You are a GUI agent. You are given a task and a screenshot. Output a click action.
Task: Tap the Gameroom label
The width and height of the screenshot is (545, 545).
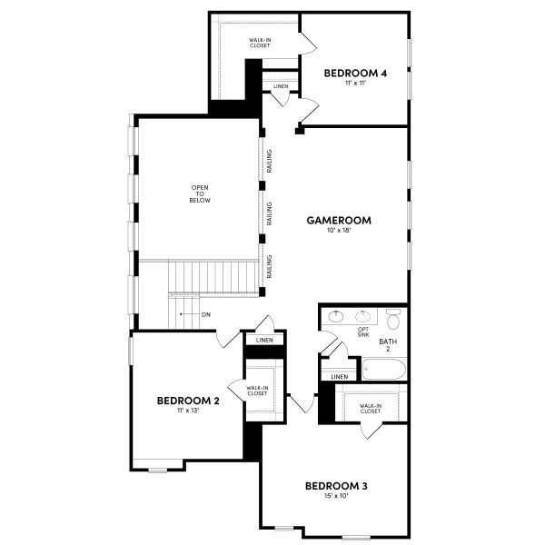(x=339, y=220)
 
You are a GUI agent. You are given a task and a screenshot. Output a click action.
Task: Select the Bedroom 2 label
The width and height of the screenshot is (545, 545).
(x=188, y=400)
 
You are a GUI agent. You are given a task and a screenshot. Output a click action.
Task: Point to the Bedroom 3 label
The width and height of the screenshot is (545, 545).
(x=336, y=486)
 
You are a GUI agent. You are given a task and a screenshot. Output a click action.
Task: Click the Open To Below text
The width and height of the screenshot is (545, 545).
(x=200, y=193)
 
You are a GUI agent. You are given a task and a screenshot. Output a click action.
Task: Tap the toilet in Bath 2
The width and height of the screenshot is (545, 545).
(x=393, y=320)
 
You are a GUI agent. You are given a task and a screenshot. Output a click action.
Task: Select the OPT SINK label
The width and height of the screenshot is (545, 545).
(x=363, y=332)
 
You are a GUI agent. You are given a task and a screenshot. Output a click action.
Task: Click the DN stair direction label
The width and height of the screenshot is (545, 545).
(x=206, y=314)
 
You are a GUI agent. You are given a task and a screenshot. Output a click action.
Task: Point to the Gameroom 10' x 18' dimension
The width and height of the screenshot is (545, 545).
(x=339, y=232)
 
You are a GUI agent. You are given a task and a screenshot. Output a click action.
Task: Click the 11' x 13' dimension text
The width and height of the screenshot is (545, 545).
(x=188, y=411)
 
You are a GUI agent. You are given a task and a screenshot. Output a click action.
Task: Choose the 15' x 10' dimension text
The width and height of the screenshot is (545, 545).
(x=336, y=496)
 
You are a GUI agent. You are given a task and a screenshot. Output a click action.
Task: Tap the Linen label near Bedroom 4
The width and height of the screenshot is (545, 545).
(x=281, y=86)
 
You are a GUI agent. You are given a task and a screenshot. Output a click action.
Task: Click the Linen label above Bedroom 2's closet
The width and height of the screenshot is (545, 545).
(x=264, y=340)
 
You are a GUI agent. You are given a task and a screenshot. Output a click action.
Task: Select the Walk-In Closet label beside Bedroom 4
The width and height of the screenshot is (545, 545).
(x=260, y=43)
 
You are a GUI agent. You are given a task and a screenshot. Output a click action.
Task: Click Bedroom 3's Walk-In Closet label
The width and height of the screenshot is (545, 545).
(x=370, y=408)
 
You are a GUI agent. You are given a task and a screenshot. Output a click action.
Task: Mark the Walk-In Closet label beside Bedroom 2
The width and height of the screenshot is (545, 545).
(x=256, y=390)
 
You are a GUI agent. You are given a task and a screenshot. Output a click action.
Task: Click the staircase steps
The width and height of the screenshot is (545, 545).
(x=216, y=275)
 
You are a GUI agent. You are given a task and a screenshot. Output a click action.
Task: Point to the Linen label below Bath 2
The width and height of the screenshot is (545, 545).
(x=340, y=376)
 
